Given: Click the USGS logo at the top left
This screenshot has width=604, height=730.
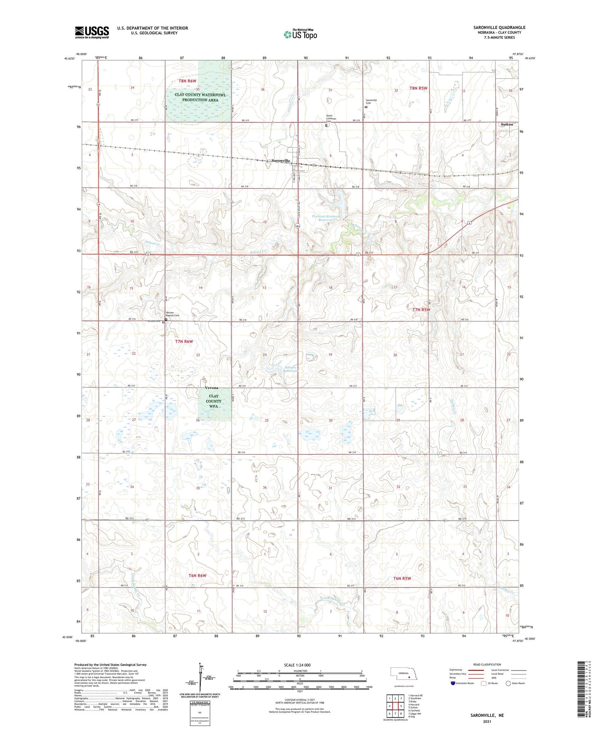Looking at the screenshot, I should [92, 32].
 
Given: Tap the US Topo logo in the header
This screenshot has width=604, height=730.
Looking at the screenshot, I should [300, 35].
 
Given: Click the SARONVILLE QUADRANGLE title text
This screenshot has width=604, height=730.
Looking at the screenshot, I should [499, 27].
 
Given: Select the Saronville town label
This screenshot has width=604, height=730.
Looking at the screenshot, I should [281, 161].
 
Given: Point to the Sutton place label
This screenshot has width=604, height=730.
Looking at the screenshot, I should [507, 124].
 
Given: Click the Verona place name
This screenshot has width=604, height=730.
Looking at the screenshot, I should [211, 388].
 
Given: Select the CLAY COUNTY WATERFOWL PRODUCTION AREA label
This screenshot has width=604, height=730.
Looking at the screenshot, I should [200, 97].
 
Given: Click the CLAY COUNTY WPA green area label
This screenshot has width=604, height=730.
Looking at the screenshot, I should [213, 401].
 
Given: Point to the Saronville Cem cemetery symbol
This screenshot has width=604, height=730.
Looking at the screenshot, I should [366, 108].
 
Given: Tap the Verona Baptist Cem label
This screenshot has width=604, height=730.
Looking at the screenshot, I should [172, 314].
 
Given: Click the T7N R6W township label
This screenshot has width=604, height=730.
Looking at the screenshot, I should [184, 341].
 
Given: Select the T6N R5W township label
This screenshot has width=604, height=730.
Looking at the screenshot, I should [402, 578].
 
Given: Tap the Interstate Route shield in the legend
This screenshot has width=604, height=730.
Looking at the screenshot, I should [453, 683].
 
